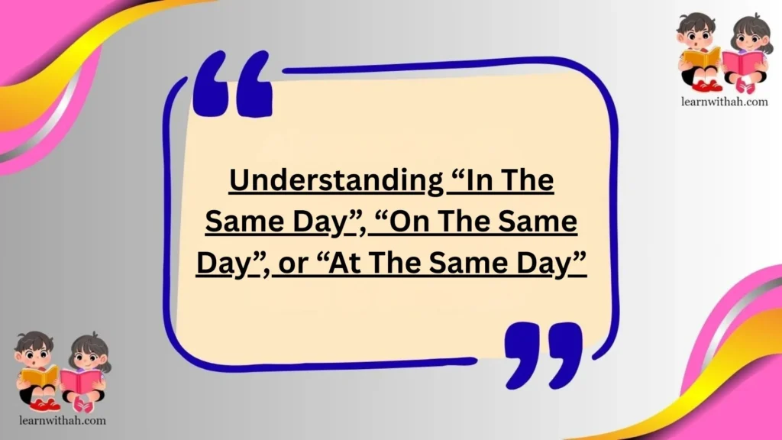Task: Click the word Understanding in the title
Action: point(336,181)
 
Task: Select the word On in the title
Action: point(414,222)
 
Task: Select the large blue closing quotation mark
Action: point(543,352)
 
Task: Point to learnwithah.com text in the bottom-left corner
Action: point(60,419)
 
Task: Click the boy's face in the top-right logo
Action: point(695,33)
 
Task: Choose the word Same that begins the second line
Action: point(241,222)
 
